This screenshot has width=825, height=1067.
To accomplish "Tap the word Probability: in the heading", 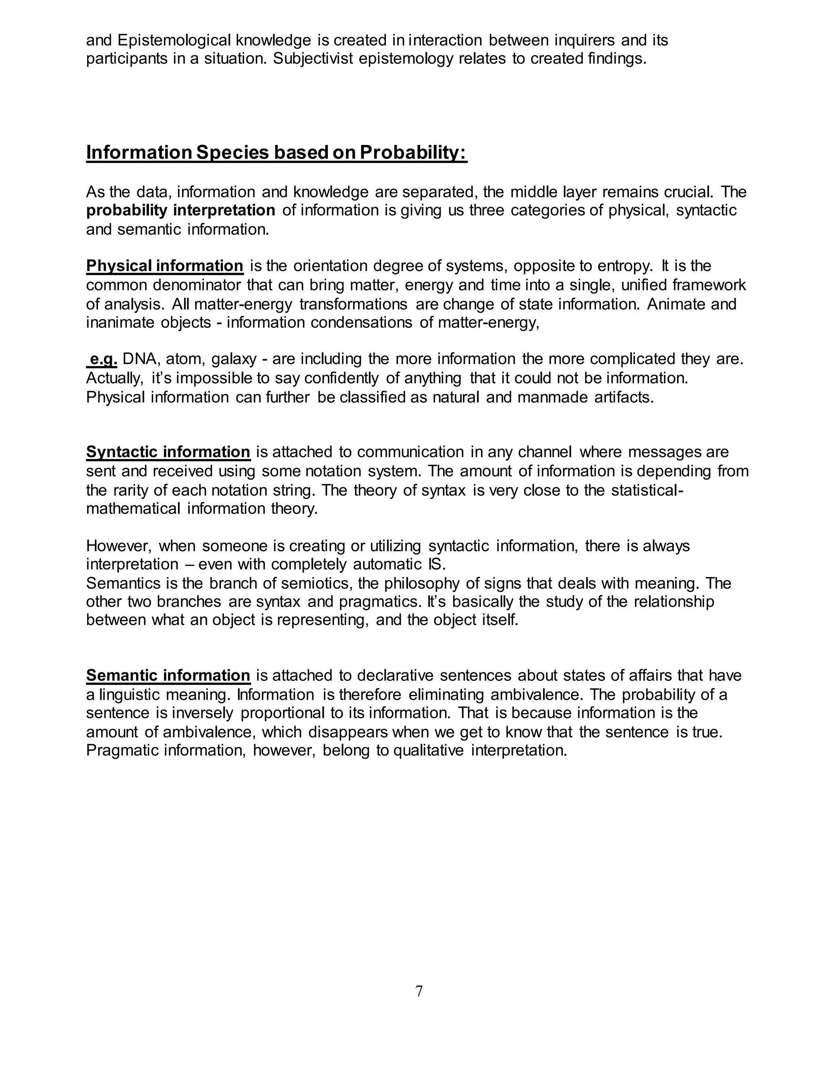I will (x=413, y=153).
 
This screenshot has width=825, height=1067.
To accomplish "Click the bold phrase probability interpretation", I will (x=181, y=211).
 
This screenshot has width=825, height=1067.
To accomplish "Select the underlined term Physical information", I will (x=165, y=266).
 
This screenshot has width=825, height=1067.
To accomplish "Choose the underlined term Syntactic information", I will (x=168, y=452).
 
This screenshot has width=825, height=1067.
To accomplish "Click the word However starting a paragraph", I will (x=119, y=546).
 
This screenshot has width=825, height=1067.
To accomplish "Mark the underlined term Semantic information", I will (x=168, y=676).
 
